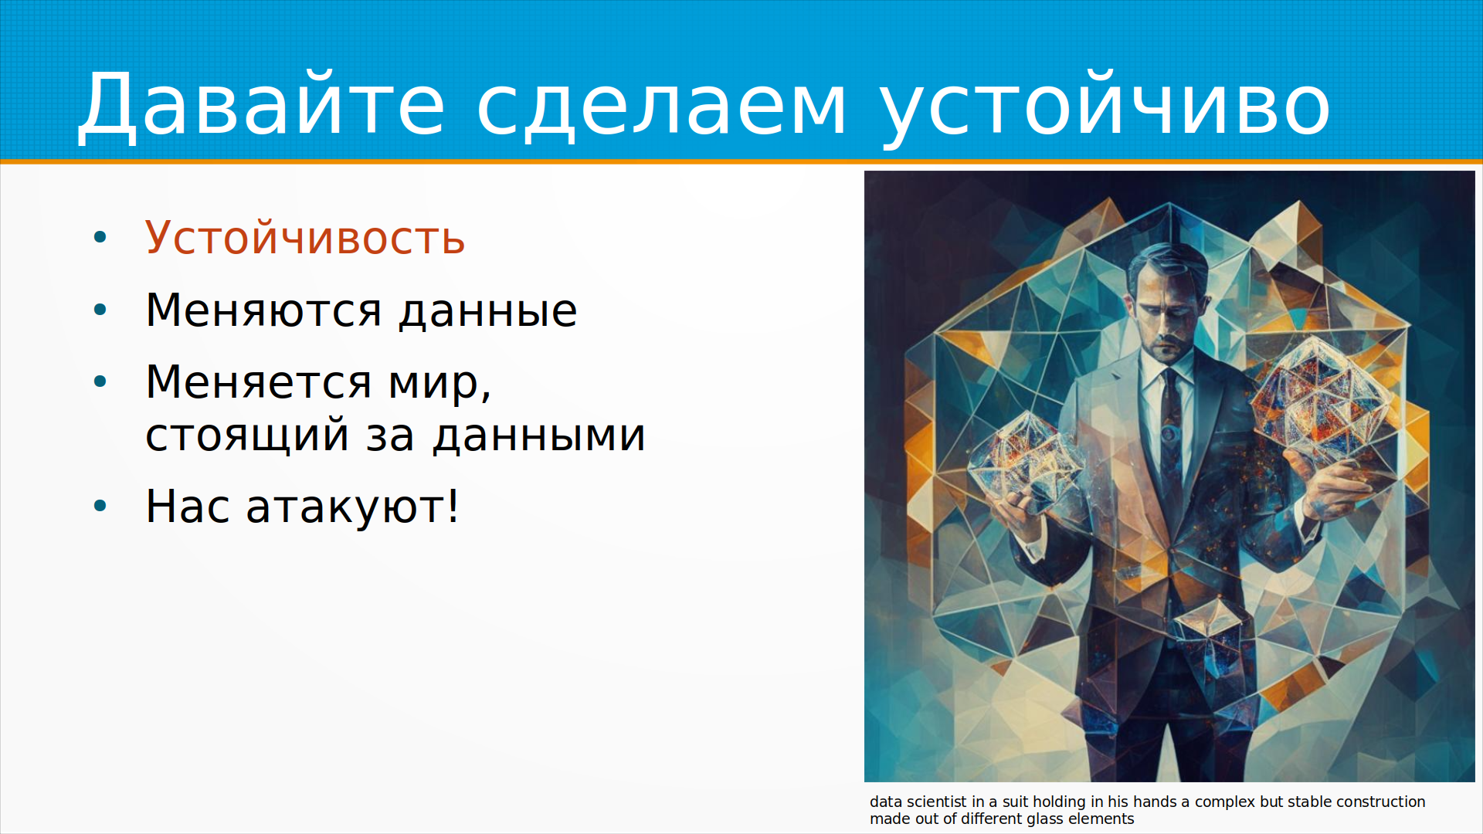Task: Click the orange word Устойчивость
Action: (305, 237)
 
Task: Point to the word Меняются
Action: (263, 310)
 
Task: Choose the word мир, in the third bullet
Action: (439, 383)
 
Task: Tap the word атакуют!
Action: (352, 507)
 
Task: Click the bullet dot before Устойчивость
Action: (100, 237)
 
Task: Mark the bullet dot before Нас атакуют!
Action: (100, 507)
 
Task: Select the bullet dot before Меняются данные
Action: (100, 310)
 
